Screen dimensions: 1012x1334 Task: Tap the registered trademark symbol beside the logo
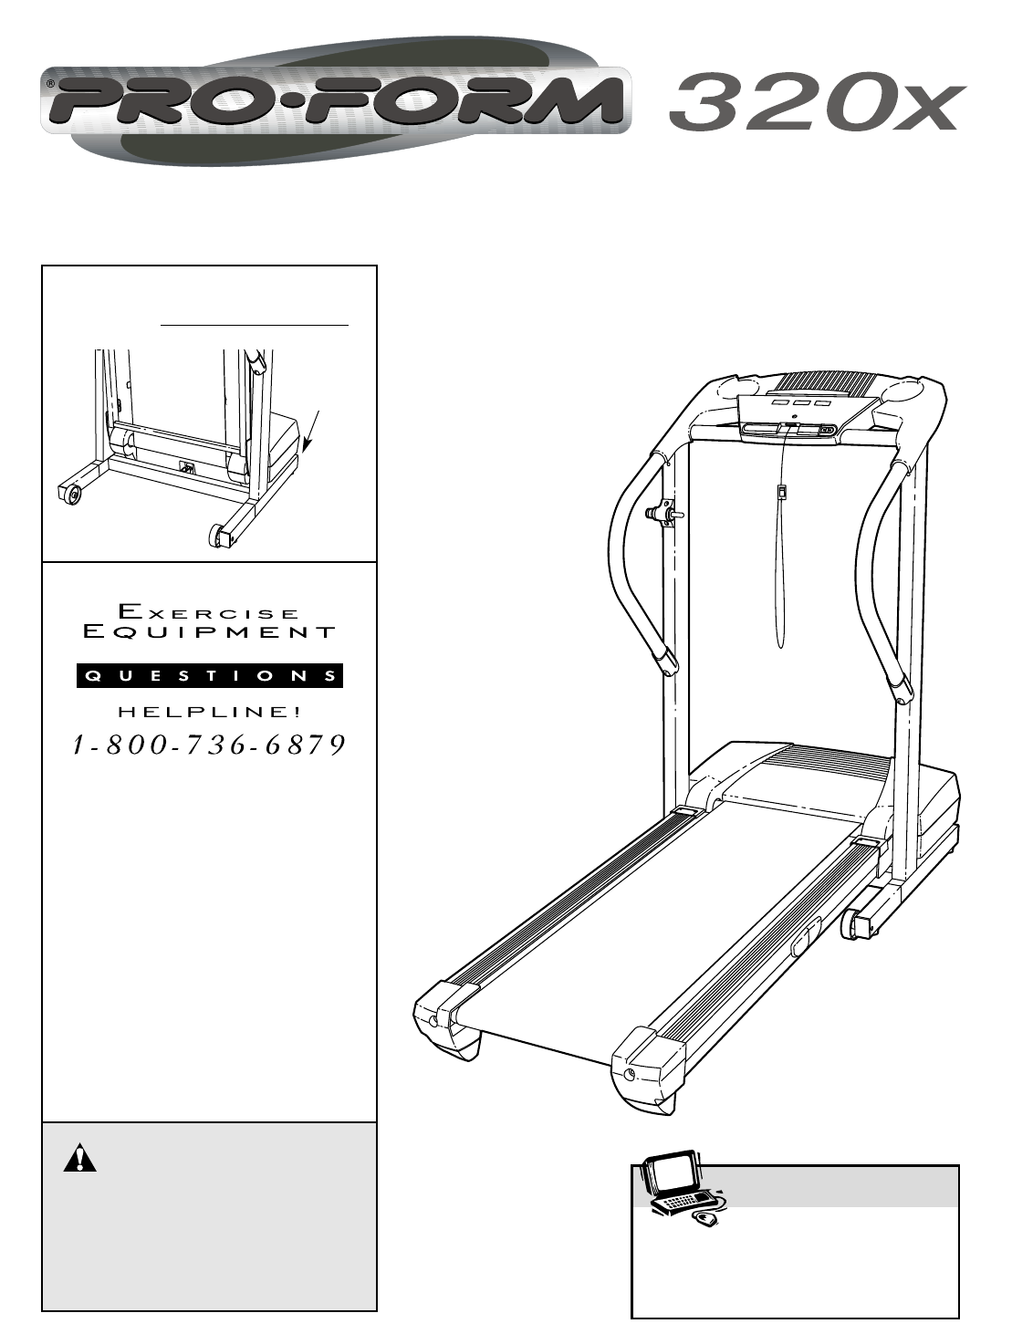(50, 83)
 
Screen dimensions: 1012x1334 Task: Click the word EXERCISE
(209, 611)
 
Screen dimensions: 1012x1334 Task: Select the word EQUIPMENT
(209, 631)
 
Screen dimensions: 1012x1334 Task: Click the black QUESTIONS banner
(209, 676)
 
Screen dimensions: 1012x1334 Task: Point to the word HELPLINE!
(209, 712)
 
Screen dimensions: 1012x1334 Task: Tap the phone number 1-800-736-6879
(209, 745)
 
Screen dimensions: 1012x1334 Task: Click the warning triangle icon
(79, 1158)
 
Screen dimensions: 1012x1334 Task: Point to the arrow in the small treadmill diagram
(310, 431)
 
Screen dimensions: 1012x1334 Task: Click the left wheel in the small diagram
(68, 494)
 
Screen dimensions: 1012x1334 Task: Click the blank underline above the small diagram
(255, 324)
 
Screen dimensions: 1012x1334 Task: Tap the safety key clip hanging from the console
(782, 493)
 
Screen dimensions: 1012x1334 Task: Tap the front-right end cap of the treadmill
(648, 1062)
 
